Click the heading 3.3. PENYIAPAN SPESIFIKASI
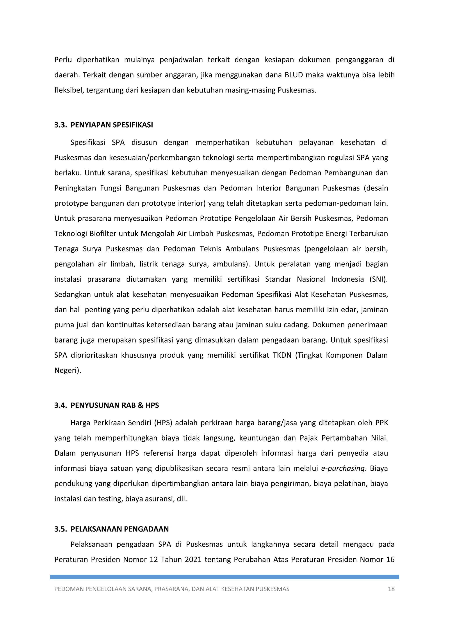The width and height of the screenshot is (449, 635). click(103, 125)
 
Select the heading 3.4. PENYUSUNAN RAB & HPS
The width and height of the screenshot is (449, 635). click(107, 405)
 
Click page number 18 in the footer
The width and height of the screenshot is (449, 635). click(391, 589)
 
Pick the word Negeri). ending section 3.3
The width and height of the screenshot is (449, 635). click(68, 370)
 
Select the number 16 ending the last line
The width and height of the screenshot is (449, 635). click(390, 560)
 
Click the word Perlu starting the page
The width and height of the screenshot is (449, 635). click(63, 60)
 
